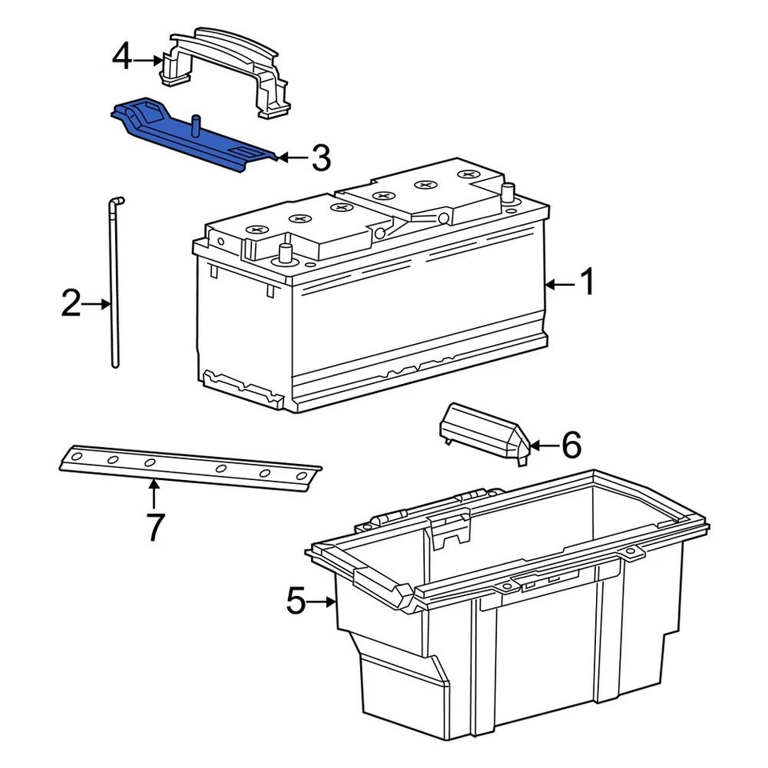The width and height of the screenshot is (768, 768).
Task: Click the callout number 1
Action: (586, 282)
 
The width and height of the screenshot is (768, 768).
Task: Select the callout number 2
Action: (71, 304)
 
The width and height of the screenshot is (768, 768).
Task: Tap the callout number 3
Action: (320, 158)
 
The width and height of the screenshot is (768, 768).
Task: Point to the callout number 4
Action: (122, 58)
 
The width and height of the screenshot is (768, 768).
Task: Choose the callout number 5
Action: (296, 601)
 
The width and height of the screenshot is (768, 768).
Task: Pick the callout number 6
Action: (570, 445)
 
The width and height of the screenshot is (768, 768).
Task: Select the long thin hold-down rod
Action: (112, 288)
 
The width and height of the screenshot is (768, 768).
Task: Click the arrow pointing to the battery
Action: (559, 283)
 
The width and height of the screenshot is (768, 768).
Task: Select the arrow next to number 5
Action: (324, 602)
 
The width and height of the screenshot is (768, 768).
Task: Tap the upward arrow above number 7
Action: (154, 493)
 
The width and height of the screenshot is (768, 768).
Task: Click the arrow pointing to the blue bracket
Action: (292, 158)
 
